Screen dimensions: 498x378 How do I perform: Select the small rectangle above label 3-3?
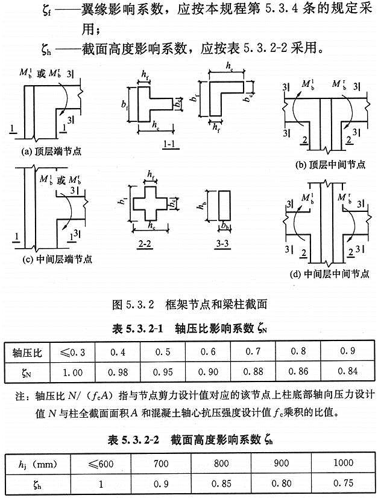click(223, 208)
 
